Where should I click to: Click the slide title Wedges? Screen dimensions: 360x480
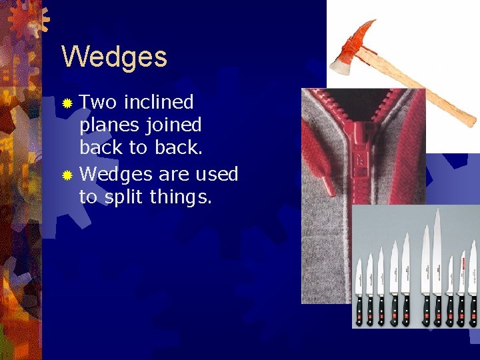click(114, 57)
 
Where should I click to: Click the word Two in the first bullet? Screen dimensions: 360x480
click(99, 102)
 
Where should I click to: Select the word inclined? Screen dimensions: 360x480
click(159, 102)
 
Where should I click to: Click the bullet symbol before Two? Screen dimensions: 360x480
click(67, 103)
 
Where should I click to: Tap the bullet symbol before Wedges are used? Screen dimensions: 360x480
click(67, 175)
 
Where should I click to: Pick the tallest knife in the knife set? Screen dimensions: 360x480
click(437, 267)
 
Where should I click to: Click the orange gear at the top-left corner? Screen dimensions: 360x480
click(27, 17)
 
